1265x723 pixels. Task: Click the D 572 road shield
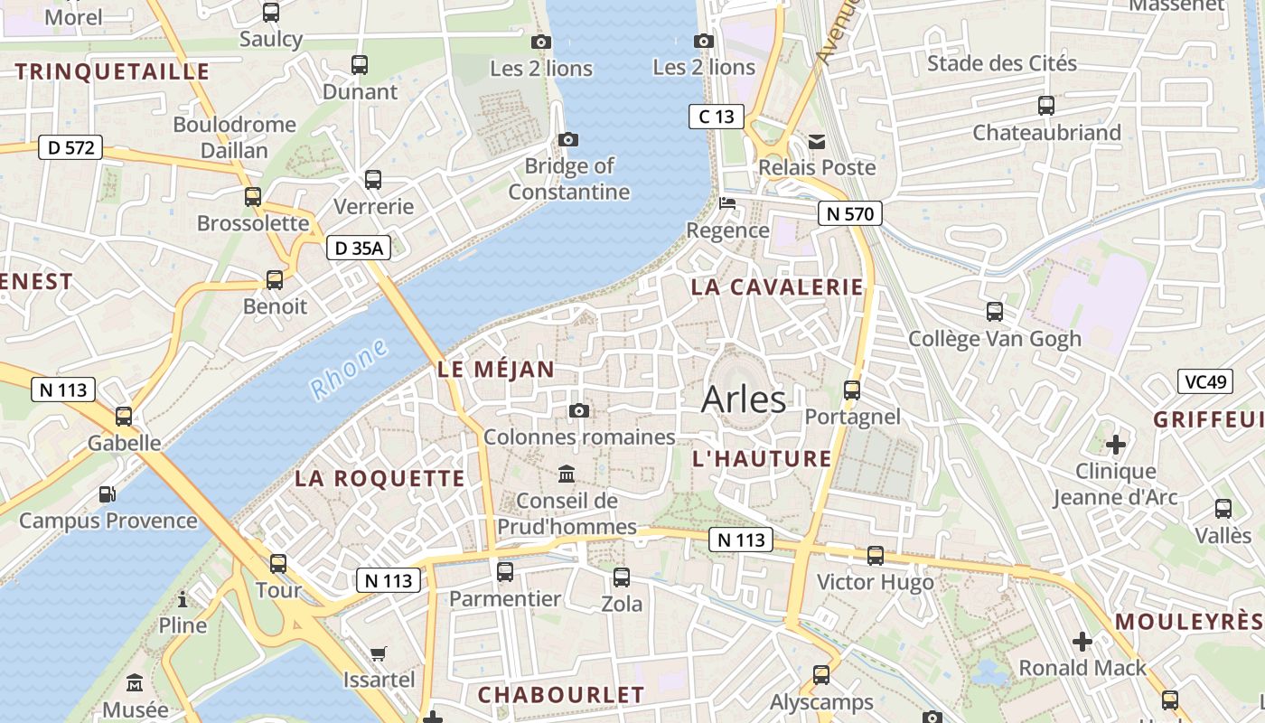[x=70, y=147]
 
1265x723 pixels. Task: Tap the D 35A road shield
[x=359, y=248]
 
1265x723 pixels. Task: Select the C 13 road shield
[x=717, y=116]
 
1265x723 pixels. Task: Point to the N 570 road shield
[x=849, y=213]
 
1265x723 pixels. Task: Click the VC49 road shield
[x=1205, y=381]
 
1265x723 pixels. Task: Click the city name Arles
[x=744, y=399]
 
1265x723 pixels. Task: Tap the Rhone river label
[x=349, y=370]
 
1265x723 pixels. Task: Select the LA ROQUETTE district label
[x=379, y=479]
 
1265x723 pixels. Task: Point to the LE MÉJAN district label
[x=495, y=369]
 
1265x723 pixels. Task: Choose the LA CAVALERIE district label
[x=777, y=287]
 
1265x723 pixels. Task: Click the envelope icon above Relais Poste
[x=817, y=141]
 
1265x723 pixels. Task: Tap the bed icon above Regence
[x=727, y=203]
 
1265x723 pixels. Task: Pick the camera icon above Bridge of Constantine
[x=568, y=139]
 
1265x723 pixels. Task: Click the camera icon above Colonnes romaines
[x=579, y=411]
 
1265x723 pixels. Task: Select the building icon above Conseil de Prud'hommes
[x=567, y=474]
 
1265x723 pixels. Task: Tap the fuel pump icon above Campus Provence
[x=107, y=494]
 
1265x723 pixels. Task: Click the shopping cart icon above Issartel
[x=379, y=653]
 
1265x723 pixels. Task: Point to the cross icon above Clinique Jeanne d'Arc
[x=1116, y=445]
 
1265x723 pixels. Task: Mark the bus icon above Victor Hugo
[x=875, y=556]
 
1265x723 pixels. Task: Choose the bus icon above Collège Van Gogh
[x=995, y=312]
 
